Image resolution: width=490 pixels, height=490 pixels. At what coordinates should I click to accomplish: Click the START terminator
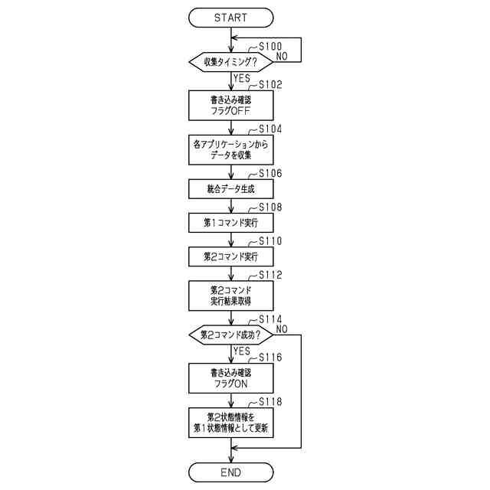[x=230, y=17]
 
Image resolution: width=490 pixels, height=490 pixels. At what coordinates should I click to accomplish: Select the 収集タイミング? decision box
[x=230, y=61]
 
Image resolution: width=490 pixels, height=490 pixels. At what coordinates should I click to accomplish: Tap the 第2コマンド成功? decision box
[x=230, y=335]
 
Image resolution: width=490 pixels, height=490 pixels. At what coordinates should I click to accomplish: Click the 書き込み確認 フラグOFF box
[x=230, y=105]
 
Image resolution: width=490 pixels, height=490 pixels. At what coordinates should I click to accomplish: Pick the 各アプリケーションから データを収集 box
[x=230, y=149]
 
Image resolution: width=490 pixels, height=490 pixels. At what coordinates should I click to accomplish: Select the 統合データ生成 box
[x=230, y=188]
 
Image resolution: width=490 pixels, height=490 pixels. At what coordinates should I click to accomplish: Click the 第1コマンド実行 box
[x=230, y=222]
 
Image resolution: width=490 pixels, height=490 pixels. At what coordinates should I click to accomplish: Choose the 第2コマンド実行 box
[x=230, y=255]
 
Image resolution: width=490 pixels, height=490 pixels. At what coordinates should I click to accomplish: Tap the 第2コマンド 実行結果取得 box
[x=230, y=296]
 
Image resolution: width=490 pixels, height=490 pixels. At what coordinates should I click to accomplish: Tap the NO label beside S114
[x=282, y=328]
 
